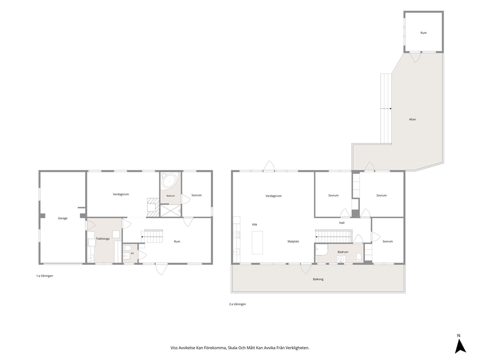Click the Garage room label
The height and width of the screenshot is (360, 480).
pos(63,218)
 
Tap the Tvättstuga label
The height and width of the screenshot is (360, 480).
pos(103,239)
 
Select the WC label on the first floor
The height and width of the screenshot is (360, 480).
pos(133,253)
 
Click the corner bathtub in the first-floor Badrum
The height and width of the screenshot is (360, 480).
pos(169,181)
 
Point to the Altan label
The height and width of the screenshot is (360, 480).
pos(412,120)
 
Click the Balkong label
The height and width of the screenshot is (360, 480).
pos(318,279)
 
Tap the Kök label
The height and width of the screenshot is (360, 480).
pos(255,225)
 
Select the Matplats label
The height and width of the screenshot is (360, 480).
pos(293,241)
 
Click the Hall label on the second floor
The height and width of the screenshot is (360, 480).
pos(342,223)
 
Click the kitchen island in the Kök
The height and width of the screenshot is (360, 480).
pos(257,243)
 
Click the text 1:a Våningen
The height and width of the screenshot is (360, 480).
pos(45,276)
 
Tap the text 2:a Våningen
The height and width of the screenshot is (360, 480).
pos(238,304)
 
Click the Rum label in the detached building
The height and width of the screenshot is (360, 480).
pos(424,33)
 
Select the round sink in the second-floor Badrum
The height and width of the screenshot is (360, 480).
pos(341,259)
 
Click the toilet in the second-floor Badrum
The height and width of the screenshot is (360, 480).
pos(359,257)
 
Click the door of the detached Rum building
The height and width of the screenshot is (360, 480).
pos(415,57)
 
